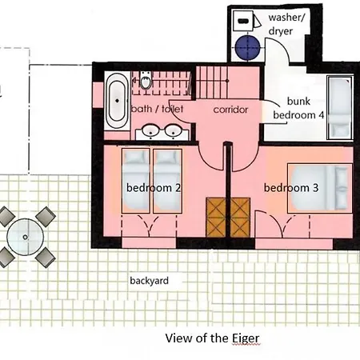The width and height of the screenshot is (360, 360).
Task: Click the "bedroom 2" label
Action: tap(154, 188)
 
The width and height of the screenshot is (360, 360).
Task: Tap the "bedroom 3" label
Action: tap(291, 188)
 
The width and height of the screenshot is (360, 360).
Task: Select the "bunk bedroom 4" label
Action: tap(298, 108)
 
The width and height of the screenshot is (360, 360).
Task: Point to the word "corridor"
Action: tap(230, 110)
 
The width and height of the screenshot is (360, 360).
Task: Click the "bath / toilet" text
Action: tap(158, 109)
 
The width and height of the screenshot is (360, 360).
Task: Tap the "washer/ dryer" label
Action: tap(286, 24)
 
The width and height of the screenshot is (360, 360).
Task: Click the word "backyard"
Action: tap(150, 281)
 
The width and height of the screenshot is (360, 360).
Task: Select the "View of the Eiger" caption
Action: tap(212, 338)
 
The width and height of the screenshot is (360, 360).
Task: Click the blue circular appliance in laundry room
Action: tap(248, 48)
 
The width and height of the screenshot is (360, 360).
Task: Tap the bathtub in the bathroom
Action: tap(117, 101)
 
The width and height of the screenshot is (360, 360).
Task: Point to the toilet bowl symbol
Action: tap(146, 81)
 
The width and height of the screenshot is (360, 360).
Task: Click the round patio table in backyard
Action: tap(25, 237)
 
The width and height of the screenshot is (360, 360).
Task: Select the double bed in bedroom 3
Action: tap(320, 188)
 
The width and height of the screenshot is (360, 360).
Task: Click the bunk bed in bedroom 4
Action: tap(340, 107)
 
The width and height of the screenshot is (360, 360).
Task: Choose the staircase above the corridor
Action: tap(212, 82)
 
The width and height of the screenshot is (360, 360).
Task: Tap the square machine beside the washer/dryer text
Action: tap(243, 21)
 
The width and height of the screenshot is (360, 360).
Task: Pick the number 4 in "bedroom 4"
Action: tap(322, 115)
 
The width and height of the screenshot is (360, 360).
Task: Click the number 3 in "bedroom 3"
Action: tap(316, 188)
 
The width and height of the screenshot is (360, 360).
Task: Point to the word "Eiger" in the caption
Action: tap(246, 338)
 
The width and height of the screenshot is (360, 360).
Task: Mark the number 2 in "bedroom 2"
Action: tap(178, 188)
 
